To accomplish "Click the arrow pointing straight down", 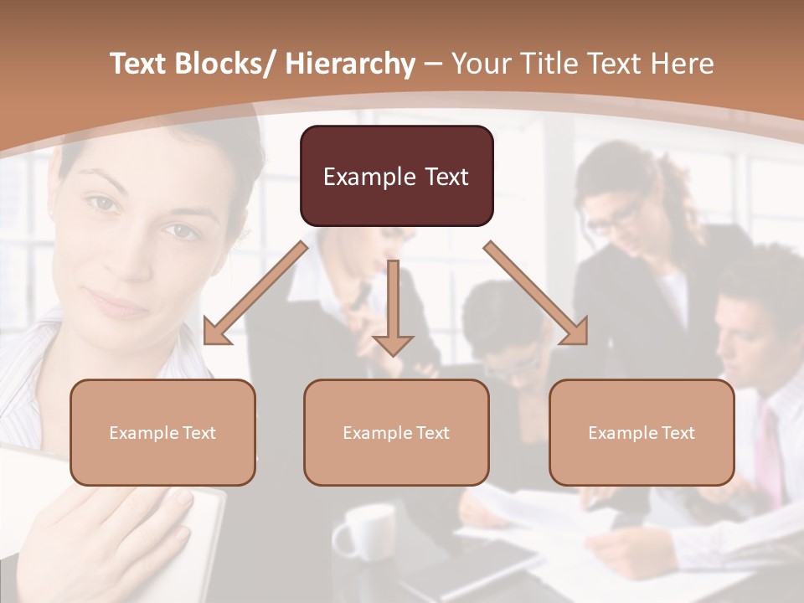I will (x=393, y=310).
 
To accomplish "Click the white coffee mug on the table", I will (x=364, y=531).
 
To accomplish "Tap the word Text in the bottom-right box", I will (x=678, y=433).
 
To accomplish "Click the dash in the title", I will (x=434, y=64).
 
